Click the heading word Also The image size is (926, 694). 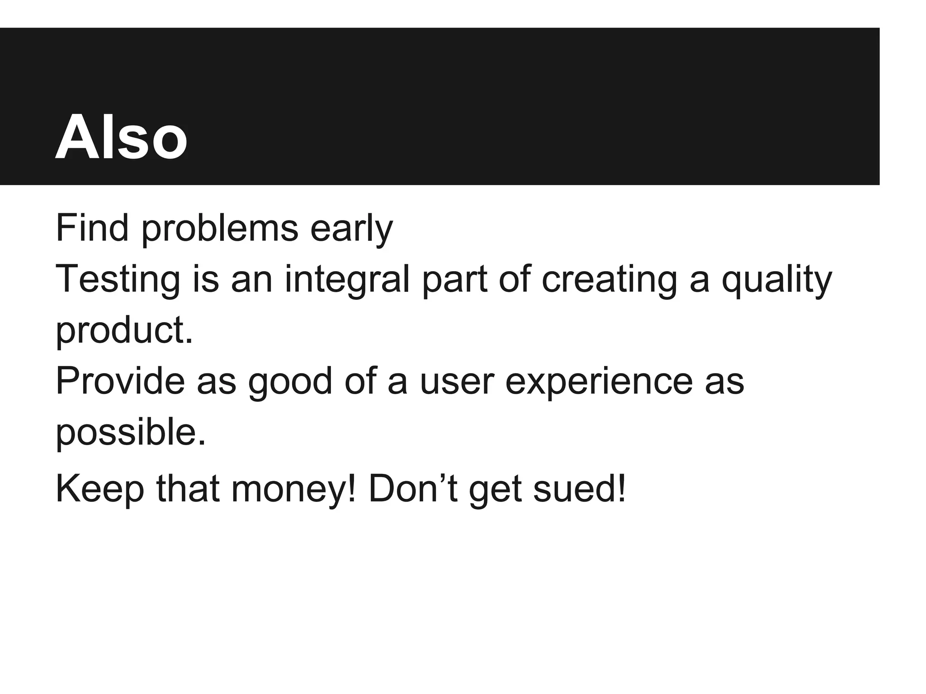pos(121,136)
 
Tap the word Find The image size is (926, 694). pos(92,228)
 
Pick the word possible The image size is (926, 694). pos(130,432)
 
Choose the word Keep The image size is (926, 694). pos(99,489)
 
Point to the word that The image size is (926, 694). pos(188,489)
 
